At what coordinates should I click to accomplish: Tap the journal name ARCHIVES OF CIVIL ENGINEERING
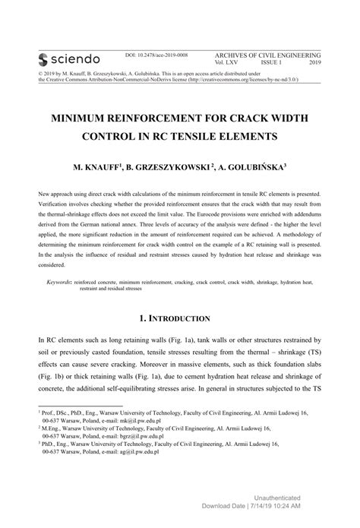point(269,55)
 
